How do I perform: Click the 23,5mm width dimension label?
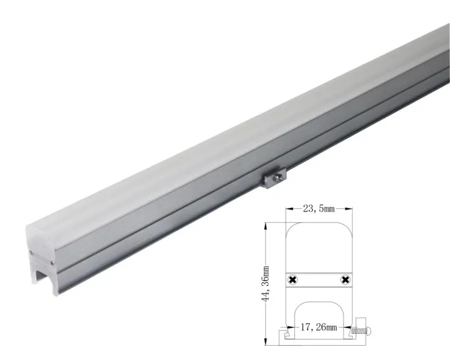[x=318, y=210]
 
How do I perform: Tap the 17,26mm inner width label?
[x=319, y=327]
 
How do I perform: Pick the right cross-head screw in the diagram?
[x=344, y=281]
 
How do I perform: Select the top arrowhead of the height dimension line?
[x=266, y=226]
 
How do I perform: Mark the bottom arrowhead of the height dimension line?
[x=266, y=341]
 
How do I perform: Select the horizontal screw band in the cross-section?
[x=319, y=281]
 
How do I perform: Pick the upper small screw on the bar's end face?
[x=30, y=252]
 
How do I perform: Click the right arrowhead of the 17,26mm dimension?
[x=349, y=327]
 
